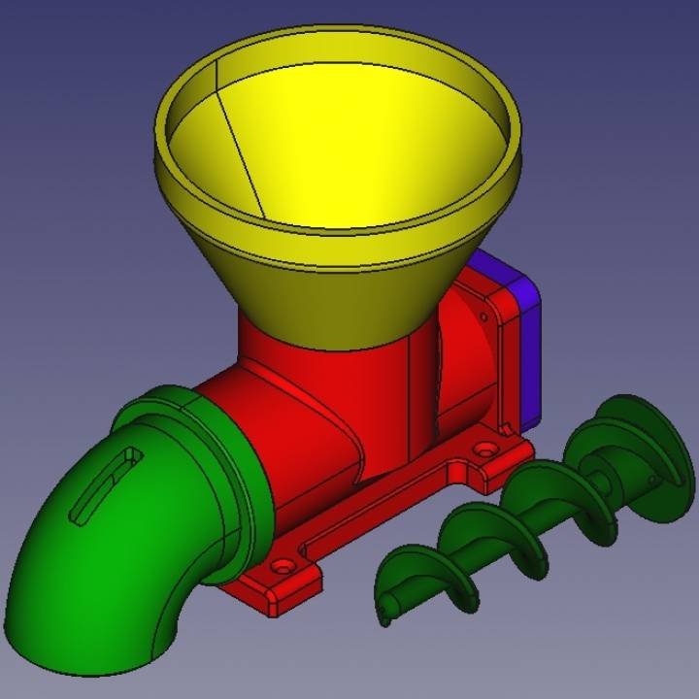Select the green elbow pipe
(87, 553)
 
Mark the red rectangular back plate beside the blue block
(485, 340)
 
